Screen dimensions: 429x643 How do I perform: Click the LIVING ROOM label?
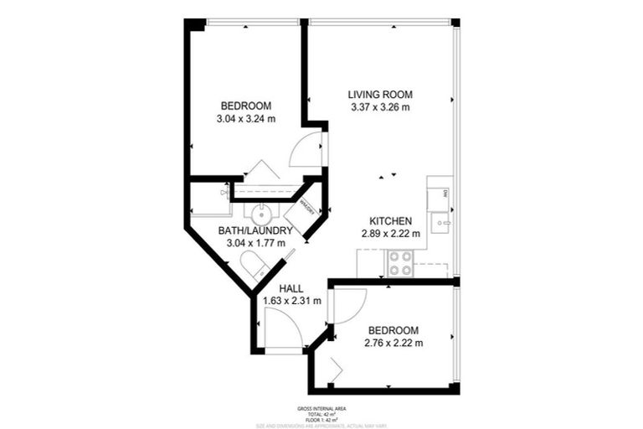point(380,94)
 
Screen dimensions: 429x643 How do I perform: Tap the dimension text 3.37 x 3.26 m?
point(380,107)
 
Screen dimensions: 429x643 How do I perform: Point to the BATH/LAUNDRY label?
point(255,230)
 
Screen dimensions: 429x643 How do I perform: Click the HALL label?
point(291,288)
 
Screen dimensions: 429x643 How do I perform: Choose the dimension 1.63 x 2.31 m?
point(292,301)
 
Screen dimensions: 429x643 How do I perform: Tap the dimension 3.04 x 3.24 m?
point(246,119)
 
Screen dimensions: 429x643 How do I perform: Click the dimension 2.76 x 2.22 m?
point(394,343)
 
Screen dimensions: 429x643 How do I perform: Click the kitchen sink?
point(440,224)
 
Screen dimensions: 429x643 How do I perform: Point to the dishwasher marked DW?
point(440,198)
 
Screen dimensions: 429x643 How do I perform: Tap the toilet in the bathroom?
point(255,266)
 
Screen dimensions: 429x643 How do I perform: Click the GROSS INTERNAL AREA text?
point(321,408)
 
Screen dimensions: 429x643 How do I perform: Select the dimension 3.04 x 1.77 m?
point(255,243)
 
